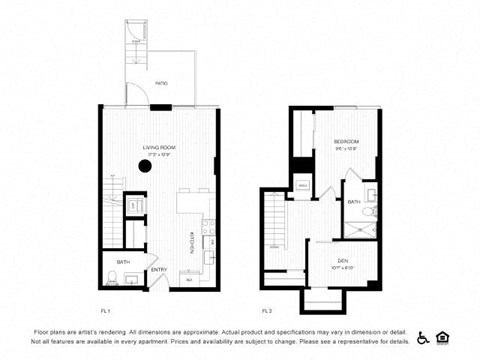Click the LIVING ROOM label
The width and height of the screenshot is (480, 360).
tap(157, 147)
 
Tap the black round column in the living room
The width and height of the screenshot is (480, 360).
tap(145, 166)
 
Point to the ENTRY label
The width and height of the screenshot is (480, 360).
tap(159, 269)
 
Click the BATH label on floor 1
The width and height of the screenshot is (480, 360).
tap(123, 262)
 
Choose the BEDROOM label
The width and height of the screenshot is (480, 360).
tap(346, 142)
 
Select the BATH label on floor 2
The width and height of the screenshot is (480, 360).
tap(354, 201)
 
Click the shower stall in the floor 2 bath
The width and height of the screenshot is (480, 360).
tap(357, 223)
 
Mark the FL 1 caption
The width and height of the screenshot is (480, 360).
tap(105, 311)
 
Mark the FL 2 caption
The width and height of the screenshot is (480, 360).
tap(267, 311)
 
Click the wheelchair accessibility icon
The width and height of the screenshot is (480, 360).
tap(423, 336)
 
